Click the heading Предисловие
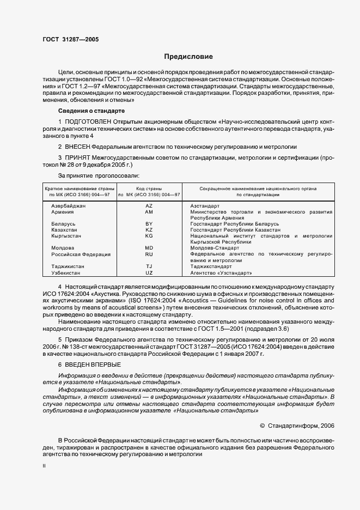pos(189,57)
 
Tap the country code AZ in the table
pos(149,207)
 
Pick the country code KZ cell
pos(149,230)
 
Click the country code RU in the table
pos(149,254)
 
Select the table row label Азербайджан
pos(68,207)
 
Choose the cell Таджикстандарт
pos(211,266)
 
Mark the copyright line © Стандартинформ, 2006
pos(297,425)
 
